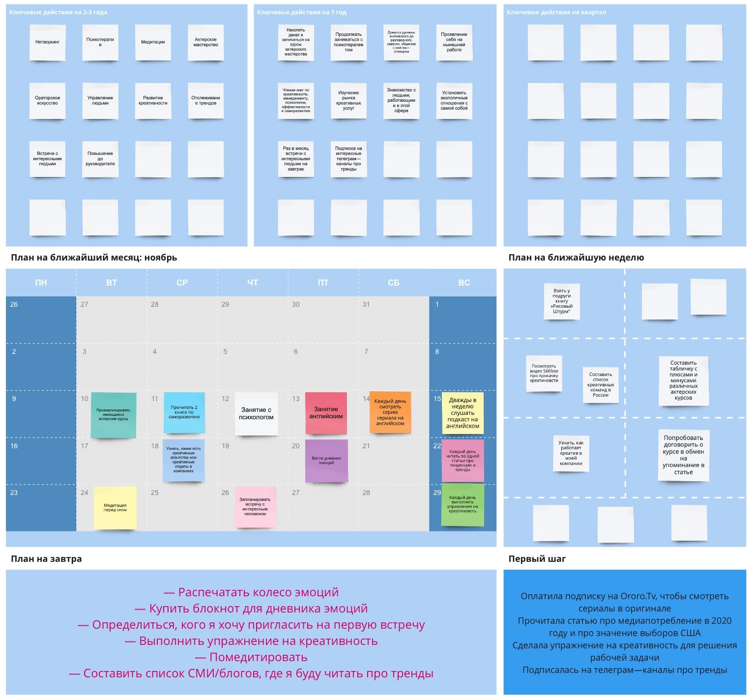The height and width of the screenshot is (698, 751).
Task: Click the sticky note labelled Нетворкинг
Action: point(47,42)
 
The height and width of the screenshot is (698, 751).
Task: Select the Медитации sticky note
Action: point(153,42)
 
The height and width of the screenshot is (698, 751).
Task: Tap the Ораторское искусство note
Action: point(47,101)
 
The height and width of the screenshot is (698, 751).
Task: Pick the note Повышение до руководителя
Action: point(100,159)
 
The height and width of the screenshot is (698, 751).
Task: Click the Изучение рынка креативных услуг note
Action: point(348,101)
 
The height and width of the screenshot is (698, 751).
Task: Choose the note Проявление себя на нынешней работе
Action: point(454,42)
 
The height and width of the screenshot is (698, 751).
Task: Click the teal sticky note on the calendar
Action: point(114,415)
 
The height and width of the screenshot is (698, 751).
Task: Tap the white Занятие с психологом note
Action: point(256,413)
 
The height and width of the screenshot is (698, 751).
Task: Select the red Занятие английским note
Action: point(326,413)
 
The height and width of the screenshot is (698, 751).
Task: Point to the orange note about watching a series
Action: point(390,412)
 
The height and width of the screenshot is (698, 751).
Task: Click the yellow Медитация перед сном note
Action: point(115,508)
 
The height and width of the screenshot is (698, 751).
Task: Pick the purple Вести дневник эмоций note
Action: point(326,461)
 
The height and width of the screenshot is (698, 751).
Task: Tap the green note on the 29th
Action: point(462,504)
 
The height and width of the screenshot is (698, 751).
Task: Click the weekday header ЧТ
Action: point(253,283)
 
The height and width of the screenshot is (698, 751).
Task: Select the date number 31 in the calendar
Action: point(366,304)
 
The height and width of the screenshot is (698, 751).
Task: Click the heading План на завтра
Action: point(46,559)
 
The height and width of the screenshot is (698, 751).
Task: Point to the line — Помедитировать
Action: point(251,657)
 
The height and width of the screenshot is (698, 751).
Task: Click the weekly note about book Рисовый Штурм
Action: point(562,301)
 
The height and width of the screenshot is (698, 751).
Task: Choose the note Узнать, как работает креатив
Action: point(571,453)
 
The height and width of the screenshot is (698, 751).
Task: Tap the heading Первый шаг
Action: point(537,559)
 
